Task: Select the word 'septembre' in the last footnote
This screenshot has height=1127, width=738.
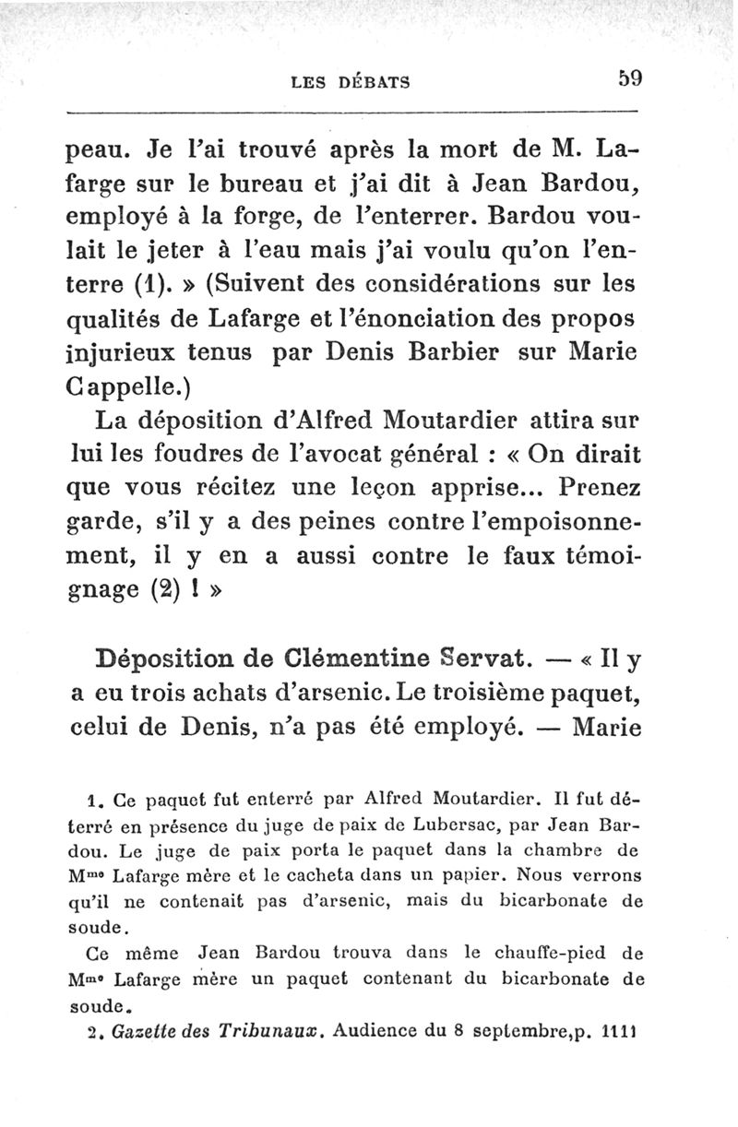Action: click(515, 1026)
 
